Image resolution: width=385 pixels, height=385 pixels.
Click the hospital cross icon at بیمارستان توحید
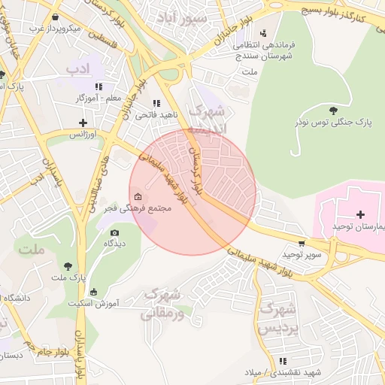click(x=360, y=215)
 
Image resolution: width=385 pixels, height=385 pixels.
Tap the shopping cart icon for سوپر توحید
click(x=302, y=244)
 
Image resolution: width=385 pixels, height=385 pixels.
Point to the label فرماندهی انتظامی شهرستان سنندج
click(x=265, y=51)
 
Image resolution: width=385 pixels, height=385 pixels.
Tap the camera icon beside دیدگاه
click(x=114, y=232)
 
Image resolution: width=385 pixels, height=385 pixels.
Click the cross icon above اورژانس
click(x=83, y=123)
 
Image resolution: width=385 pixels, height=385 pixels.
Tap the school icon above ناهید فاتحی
click(x=156, y=103)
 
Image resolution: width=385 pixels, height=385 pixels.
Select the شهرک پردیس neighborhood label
click(x=278, y=318)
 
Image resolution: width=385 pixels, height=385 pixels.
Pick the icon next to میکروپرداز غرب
click(x=56, y=17)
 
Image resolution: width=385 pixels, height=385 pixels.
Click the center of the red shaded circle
click(x=192, y=192)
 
